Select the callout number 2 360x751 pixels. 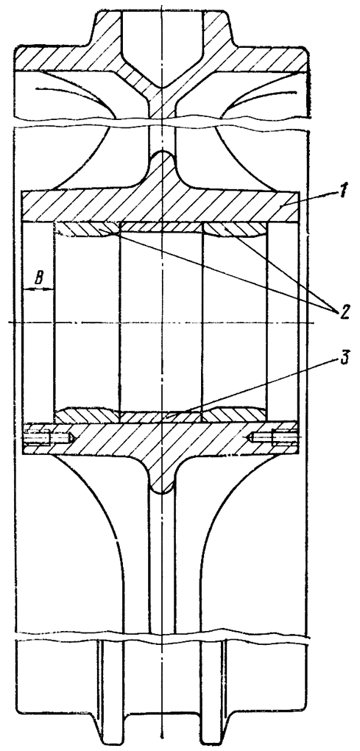pyautogui.click(x=345, y=311)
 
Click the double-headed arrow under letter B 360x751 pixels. pyautogui.click(x=38, y=289)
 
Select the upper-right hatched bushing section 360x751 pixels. pyautogui.click(x=233, y=230)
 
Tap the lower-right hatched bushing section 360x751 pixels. pyautogui.click(x=233, y=415)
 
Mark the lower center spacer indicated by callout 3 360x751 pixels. pyautogui.click(x=161, y=417)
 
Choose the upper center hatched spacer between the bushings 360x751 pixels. pyautogui.click(x=161, y=227)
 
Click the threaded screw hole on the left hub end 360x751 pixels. pyautogui.click(x=48, y=437)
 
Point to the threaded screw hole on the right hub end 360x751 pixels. pyautogui.click(x=275, y=437)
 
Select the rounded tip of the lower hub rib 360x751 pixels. pyautogui.click(x=162, y=487)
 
